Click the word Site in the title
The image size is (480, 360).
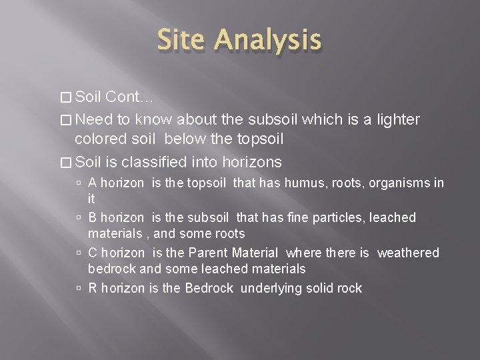pyautogui.click(x=185, y=41)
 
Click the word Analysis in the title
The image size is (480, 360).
pyautogui.click(x=269, y=41)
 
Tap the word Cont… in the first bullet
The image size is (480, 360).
pyautogui.click(x=129, y=97)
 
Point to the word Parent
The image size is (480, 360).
pyautogui.click(x=207, y=253)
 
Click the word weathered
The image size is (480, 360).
pyautogui.click(x=408, y=253)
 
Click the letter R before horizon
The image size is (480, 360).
pyautogui.click(x=93, y=289)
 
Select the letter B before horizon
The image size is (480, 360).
pyautogui.click(x=93, y=218)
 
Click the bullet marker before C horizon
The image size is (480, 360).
pyautogui.click(x=79, y=253)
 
